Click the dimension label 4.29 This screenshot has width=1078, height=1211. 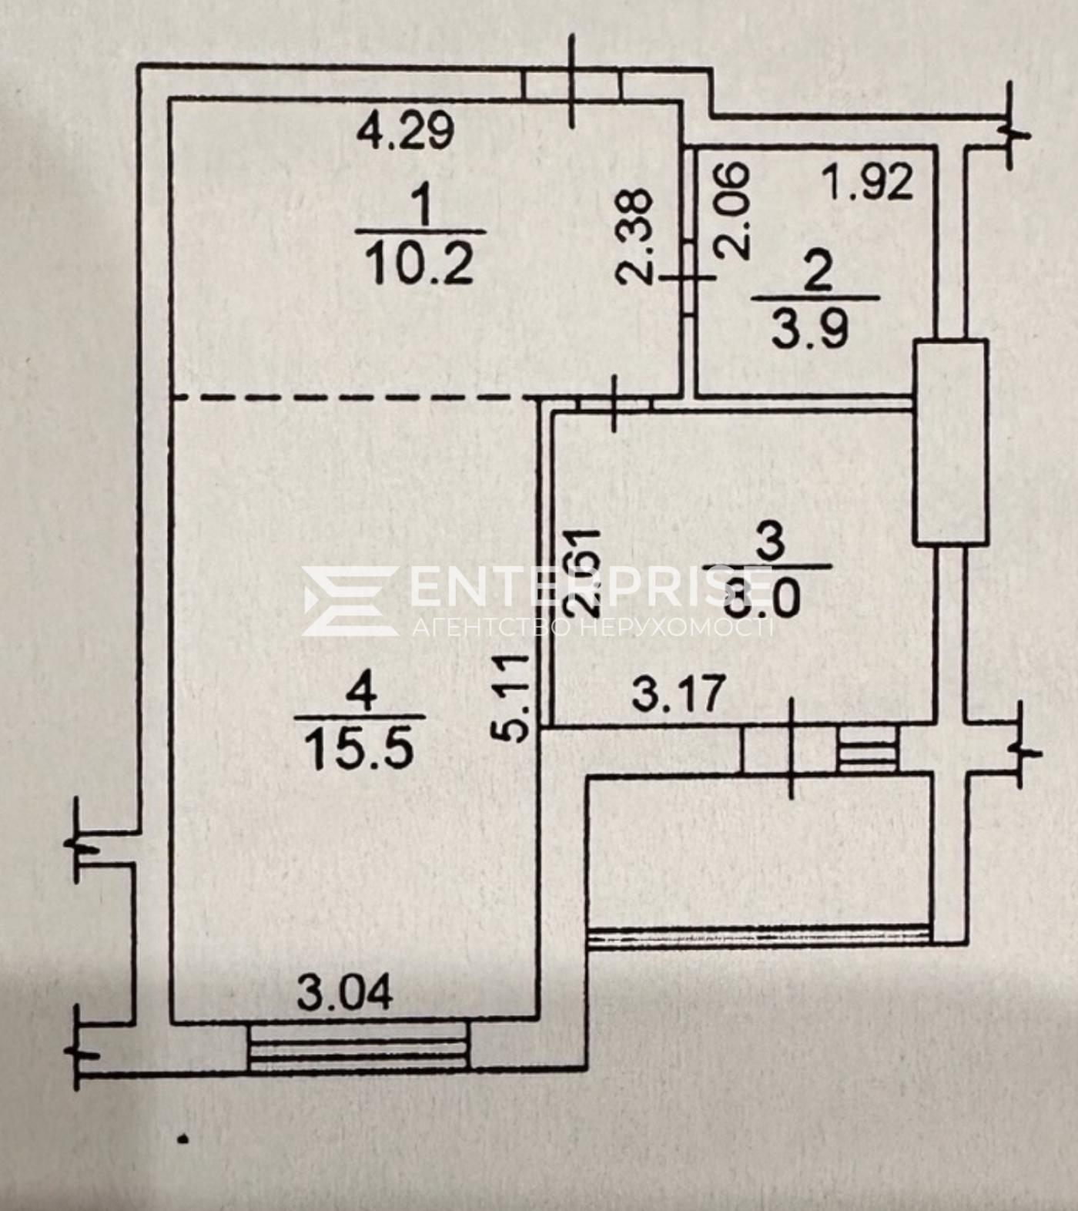[406, 130]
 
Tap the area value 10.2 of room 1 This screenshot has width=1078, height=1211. [419, 264]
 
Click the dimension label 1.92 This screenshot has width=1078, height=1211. [867, 183]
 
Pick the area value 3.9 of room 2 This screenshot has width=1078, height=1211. [811, 329]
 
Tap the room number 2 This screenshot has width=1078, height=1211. [817, 273]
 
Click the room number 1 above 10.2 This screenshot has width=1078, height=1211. [421, 206]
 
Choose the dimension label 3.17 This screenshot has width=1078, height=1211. [678, 693]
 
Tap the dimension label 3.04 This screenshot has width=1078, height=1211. [345, 992]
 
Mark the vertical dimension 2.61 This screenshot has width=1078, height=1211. [582, 571]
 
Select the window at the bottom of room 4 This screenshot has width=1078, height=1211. [359, 1045]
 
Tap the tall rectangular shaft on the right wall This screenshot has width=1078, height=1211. [950, 443]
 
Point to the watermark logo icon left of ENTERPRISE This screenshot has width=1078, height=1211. [349, 601]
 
